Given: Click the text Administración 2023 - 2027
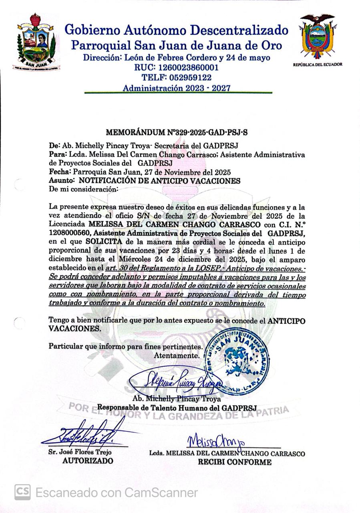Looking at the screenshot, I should pyautogui.click(x=177, y=88).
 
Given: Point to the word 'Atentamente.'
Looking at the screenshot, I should pyautogui.click(x=177, y=355).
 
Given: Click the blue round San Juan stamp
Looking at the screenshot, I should pyautogui.click(x=236, y=356).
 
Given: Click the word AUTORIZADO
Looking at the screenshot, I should pyautogui.click(x=88, y=461).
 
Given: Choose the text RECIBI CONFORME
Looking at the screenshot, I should pyautogui.click(x=235, y=462).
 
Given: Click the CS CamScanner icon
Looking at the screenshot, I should pyautogui.click(x=22, y=492).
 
